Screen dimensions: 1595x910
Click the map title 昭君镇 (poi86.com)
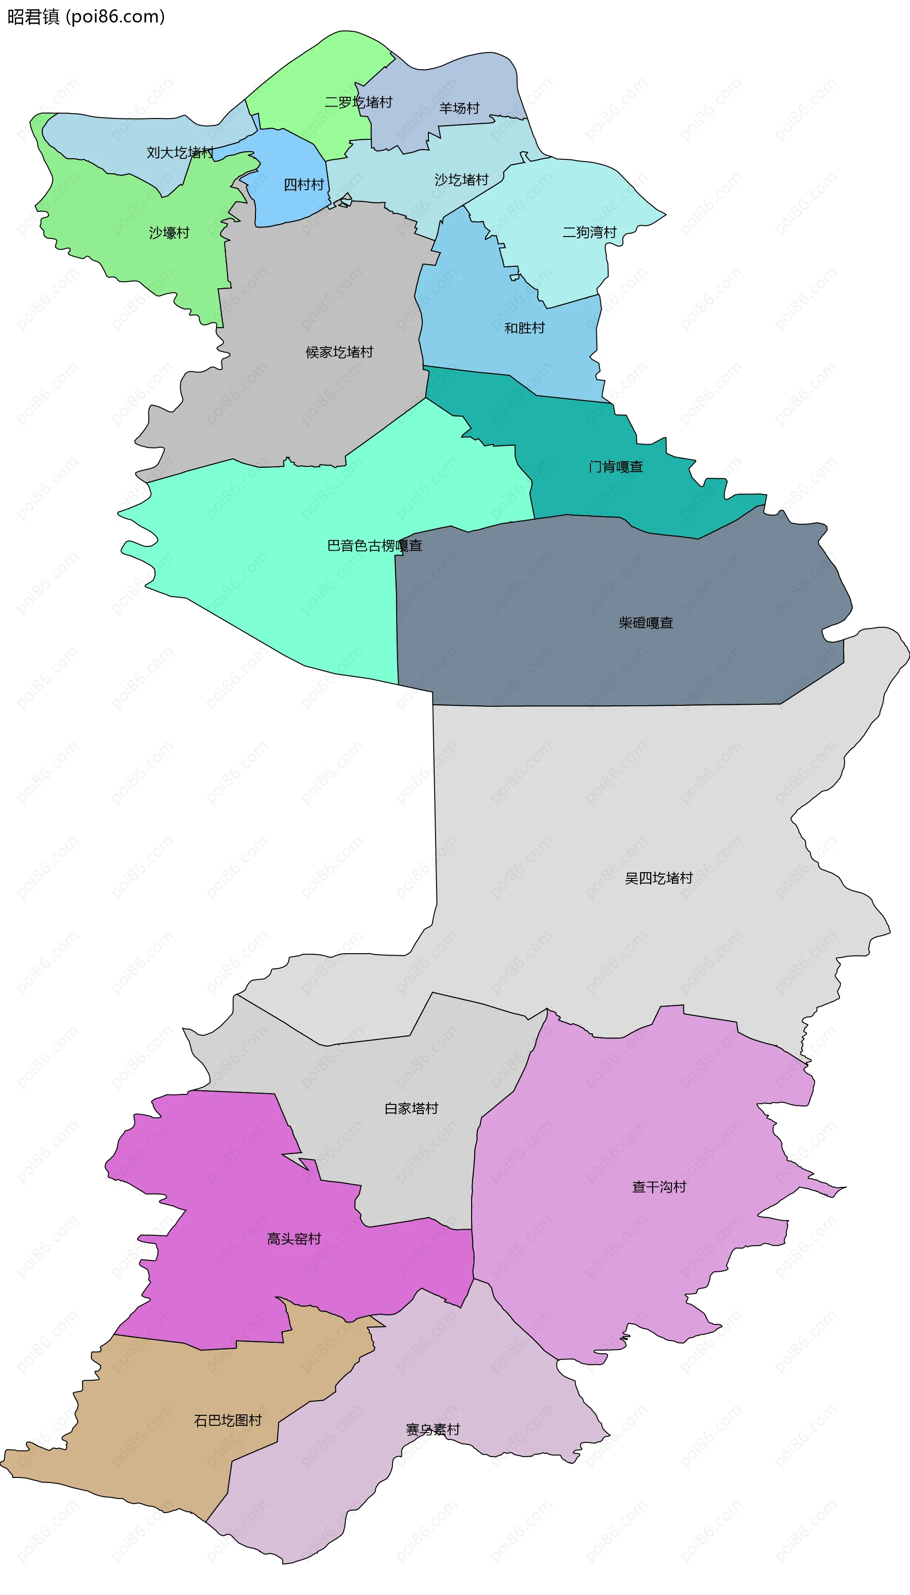pyautogui.click(x=86, y=16)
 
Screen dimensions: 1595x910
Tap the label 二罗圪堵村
pyautogui.click(x=358, y=102)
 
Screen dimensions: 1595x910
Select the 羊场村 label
pyautogui.click(x=459, y=108)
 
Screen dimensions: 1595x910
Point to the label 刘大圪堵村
pyautogui.click(x=180, y=153)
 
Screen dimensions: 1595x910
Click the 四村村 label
pyautogui.click(x=304, y=184)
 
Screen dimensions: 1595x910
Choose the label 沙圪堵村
pyautogui.click(x=461, y=180)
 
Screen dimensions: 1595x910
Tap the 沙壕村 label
pyautogui.click(x=169, y=233)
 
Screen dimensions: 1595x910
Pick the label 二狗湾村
pyautogui.click(x=590, y=233)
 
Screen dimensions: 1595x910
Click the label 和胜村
pyautogui.click(x=524, y=328)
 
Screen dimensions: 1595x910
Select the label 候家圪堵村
pyautogui.click(x=339, y=352)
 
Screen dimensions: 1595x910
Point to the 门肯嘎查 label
pyautogui.click(x=616, y=467)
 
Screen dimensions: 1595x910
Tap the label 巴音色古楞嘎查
pyautogui.click(x=375, y=546)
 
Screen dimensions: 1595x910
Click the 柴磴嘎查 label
pyautogui.click(x=646, y=622)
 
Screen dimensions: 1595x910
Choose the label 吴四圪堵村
pyautogui.click(x=659, y=878)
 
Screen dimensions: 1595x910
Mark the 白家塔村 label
pyautogui.click(x=411, y=1108)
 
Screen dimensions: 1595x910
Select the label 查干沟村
pyautogui.click(x=659, y=1187)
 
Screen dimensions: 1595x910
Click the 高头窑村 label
pyautogui.click(x=294, y=1239)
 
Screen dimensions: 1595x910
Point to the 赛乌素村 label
pyautogui.click(x=433, y=1430)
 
